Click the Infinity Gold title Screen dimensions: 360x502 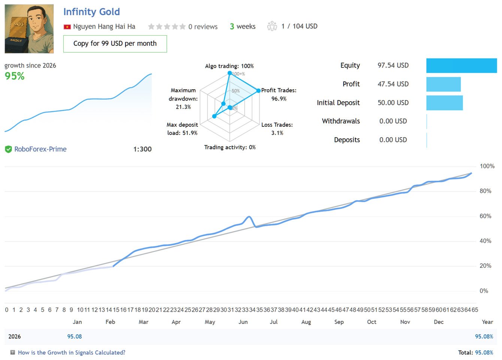click(91, 12)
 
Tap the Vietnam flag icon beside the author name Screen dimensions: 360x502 click(67, 27)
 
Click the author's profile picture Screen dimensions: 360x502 click(29, 29)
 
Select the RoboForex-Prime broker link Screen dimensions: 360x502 click(40, 149)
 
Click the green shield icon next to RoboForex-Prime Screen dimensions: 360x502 click(8, 149)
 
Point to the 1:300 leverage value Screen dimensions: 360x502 click(142, 149)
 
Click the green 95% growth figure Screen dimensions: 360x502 click(15, 76)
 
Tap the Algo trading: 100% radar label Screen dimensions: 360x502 click(229, 66)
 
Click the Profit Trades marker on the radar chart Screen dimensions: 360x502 click(258, 91)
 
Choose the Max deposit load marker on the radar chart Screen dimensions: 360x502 click(214, 116)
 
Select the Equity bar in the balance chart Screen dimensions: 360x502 click(461, 66)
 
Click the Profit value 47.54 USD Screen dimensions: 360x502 click(393, 84)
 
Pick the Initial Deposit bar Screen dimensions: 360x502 click(444, 103)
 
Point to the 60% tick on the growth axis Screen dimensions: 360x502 click(486, 216)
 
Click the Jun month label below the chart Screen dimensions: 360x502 click(243, 322)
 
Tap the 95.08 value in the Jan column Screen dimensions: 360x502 click(75, 336)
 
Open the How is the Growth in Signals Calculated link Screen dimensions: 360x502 click(72, 352)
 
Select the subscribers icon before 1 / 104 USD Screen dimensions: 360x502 click(272, 26)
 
